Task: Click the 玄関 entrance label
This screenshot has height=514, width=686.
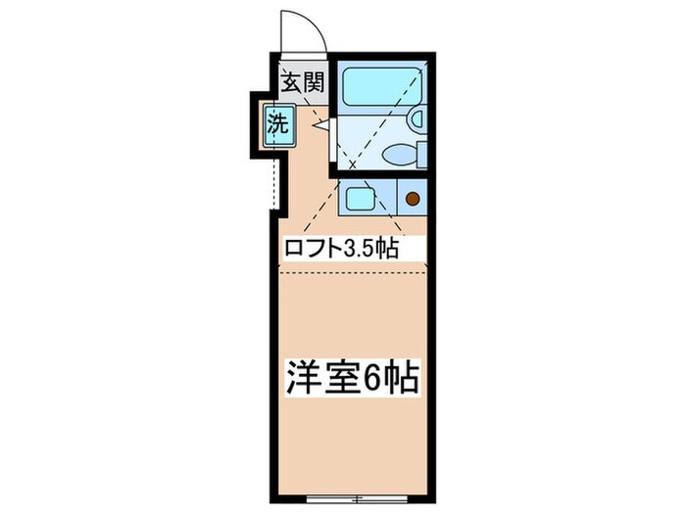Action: click(x=303, y=82)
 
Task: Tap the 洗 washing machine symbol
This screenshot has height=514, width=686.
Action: click(x=278, y=124)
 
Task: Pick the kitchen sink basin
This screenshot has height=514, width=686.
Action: click(x=360, y=199)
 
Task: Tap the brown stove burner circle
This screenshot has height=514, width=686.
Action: click(x=413, y=199)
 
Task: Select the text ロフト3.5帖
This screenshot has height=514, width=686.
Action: click(x=340, y=249)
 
